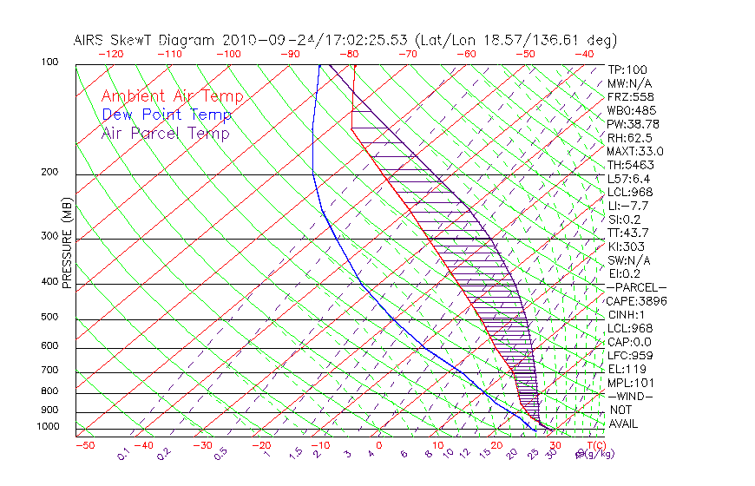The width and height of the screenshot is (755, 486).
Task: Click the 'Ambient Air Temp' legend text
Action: click(x=172, y=96)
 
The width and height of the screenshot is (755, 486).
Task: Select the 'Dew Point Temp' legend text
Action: click(x=167, y=115)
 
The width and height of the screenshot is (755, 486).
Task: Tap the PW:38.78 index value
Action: click(x=632, y=124)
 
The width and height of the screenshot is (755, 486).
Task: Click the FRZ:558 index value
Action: click(x=629, y=97)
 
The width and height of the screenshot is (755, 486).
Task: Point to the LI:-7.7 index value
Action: click(x=628, y=206)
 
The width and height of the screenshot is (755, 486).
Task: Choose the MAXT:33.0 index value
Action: click(x=635, y=151)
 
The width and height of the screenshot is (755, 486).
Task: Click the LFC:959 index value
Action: click(x=630, y=356)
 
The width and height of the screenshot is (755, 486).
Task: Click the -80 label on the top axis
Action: click(x=350, y=54)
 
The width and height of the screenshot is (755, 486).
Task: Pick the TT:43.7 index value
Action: click(x=629, y=233)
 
